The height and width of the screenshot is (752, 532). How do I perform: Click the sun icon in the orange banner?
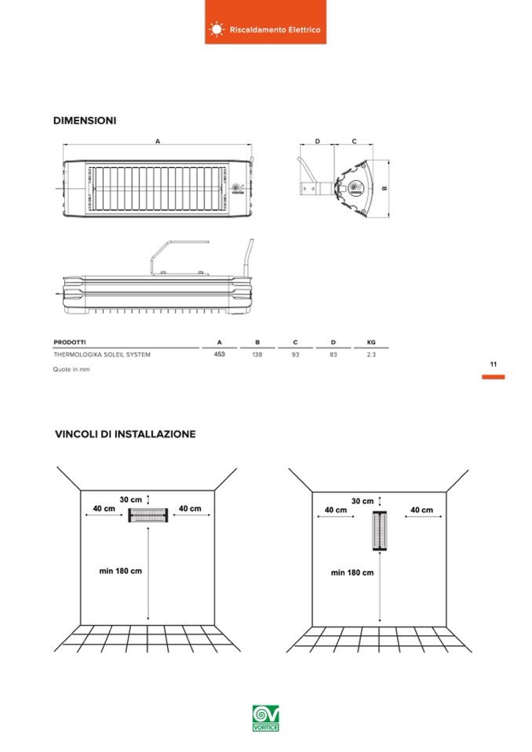tap(217, 29)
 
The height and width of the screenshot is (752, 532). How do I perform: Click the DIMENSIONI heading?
tap(85, 121)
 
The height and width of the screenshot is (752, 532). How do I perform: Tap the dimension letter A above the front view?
tap(158, 141)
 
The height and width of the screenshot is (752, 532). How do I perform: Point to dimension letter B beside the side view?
tap(384, 188)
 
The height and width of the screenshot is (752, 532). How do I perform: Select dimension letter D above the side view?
tap(318, 141)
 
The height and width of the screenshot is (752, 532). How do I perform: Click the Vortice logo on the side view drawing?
tap(356, 187)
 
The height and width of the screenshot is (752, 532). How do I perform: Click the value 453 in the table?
tap(219, 354)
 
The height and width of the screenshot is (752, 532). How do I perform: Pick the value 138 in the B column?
tap(257, 354)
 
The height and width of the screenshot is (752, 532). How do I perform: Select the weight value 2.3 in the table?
tap(371, 354)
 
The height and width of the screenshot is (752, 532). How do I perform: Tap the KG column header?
tap(371, 343)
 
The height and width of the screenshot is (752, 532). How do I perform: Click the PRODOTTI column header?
tap(70, 343)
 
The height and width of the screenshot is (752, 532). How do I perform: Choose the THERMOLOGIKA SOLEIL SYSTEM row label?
tap(102, 354)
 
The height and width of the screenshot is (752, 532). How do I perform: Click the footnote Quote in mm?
tap(71, 369)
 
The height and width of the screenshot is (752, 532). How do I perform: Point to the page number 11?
tap(493, 365)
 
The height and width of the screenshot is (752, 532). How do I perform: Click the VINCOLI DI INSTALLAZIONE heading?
tap(126, 434)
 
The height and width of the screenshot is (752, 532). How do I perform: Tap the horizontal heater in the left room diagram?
tap(148, 515)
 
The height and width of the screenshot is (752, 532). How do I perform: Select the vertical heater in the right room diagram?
tap(380, 531)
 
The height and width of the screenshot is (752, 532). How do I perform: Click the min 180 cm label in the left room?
tap(120, 571)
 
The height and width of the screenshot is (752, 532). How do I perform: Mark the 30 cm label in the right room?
tap(363, 501)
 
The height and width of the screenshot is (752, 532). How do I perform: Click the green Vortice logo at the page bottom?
tap(266, 718)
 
